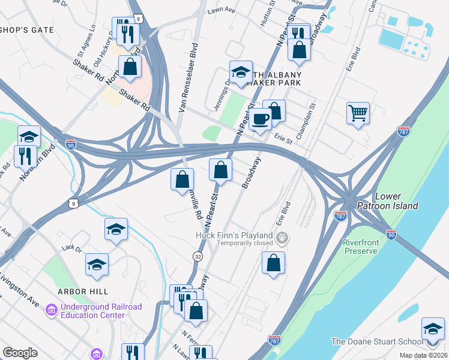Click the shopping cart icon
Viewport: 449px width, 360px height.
[x=358, y=112]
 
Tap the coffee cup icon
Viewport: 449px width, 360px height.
[x=260, y=119]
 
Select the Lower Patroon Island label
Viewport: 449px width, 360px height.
[x=396, y=201]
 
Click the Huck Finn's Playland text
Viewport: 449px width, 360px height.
[x=234, y=236]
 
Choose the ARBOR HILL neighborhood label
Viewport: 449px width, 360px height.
[x=83, y=291]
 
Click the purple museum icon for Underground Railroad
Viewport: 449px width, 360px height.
[x=52, y=310]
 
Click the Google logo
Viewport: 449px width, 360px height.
[x=20, y=353]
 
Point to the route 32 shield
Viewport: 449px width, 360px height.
[x=197, y=256]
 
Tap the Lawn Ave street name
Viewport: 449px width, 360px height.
[x=220, y=11]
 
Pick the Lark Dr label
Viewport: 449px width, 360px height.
[x=72, y=247]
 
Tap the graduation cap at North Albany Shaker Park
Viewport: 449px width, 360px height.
[x=240, y=73]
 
